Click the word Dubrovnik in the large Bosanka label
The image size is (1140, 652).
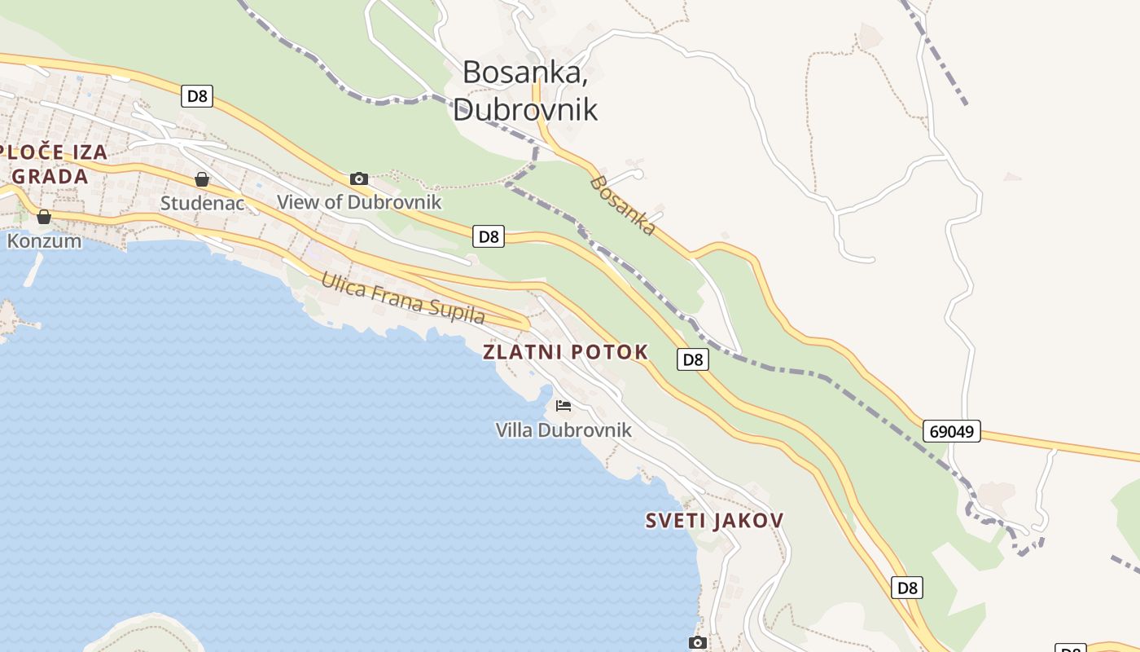[525, 109]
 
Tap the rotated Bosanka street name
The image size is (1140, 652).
[623, 205]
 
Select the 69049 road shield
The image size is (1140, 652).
[951, 431]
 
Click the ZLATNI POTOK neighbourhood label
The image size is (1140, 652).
[566, 352]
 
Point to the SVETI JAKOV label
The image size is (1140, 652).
[714, 520]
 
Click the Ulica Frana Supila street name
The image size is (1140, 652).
[402, 297]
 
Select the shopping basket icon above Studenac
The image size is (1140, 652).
[201, 178]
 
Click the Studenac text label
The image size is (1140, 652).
[202, 203]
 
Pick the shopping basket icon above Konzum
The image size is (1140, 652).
[44, 216]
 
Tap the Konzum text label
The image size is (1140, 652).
[44, 241]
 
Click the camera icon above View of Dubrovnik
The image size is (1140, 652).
[359, 178]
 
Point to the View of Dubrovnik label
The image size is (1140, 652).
[359, 202]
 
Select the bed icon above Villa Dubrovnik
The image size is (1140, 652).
[563, 405]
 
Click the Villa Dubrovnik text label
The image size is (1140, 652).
[563, 430]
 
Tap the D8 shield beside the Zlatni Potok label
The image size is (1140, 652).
[692, 359]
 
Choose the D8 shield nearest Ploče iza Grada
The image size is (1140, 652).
[197, 96]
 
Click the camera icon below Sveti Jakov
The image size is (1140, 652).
[697, 642]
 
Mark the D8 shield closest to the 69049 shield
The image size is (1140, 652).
[907, 588]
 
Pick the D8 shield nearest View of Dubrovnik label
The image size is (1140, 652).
[488, 236]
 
